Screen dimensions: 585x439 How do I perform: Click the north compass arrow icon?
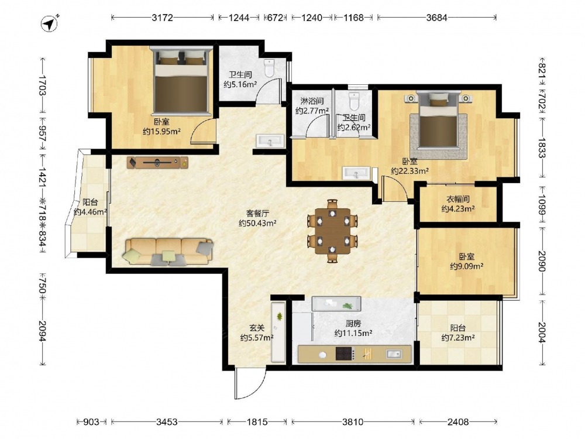[x=50, y=23]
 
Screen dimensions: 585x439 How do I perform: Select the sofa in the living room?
[x=168, y=252]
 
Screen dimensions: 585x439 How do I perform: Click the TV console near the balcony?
[x=157, y=162]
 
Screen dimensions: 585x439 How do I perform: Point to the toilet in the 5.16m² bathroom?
[x=269, y=67]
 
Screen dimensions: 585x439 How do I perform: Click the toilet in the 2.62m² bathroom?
[x=354, y=101]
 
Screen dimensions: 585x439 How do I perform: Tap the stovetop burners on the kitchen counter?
[x=344, y=354]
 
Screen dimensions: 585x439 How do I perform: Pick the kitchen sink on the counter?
[x=394, y=354]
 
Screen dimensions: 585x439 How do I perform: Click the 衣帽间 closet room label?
[x=458, y=199]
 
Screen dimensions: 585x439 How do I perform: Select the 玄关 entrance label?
[x=257, y=328]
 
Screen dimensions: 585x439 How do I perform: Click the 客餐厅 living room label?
[x=257, y=213]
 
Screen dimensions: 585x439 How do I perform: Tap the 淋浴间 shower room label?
[x=312, y=101]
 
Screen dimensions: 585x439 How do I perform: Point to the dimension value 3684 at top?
[x=436, y=17]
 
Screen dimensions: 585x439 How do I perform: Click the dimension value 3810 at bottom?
[x=353, y=422]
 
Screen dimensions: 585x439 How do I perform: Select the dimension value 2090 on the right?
[x=542, y=261]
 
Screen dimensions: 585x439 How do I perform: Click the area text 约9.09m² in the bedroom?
[x=467, y=266]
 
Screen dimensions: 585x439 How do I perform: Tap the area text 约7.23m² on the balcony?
[x=458, y=338]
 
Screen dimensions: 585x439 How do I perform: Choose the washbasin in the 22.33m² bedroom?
[x=356, y=173]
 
